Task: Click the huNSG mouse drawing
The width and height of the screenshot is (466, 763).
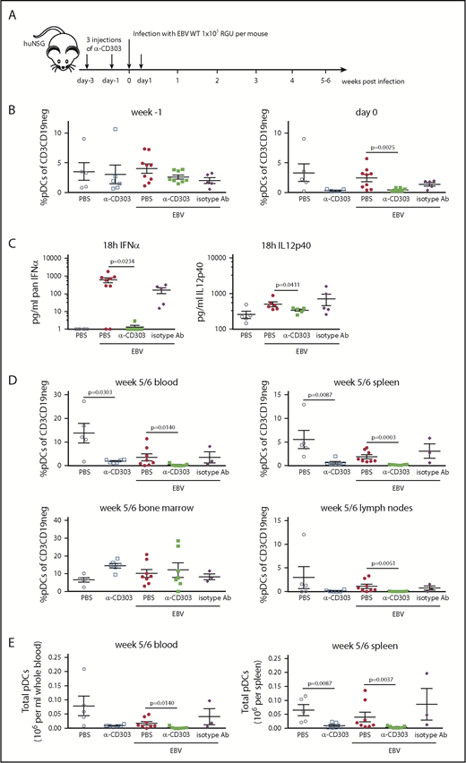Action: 43,54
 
